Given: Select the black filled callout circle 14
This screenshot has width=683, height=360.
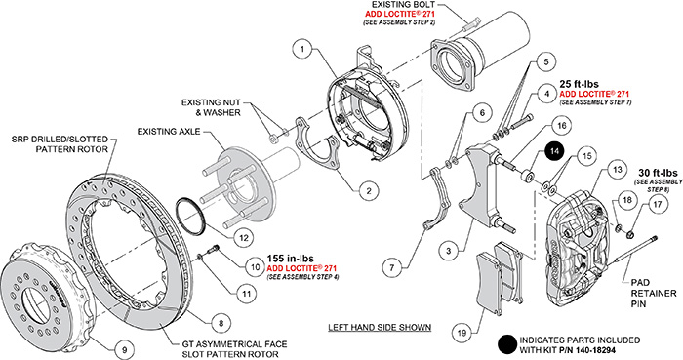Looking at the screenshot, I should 553,151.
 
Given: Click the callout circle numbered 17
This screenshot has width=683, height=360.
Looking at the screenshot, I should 658,204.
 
